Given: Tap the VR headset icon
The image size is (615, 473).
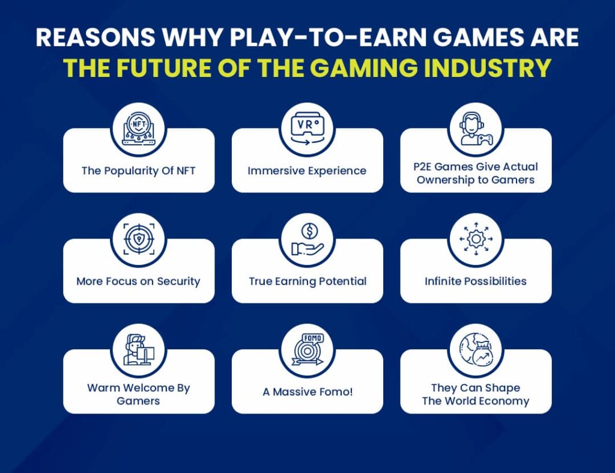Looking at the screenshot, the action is tap(307, 129).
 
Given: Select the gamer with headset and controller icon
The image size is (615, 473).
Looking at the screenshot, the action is tap(476, 129).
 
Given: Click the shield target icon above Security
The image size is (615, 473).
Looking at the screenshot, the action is tap(139, 239).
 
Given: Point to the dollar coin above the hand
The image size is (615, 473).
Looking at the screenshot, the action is tap(309, 231).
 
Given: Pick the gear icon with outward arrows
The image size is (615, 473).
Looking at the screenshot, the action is tap(476, 239).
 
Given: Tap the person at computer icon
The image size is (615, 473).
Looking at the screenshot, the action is tap(139, 350).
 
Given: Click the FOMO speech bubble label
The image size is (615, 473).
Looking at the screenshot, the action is tap(312, 338).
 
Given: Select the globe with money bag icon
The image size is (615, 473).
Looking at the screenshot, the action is tap(476, 349).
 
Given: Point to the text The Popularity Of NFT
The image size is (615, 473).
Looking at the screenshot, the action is tap(139, 171).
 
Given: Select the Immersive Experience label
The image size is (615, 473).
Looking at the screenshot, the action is tap(307, 171).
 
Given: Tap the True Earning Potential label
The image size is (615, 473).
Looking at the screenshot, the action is tap(307, 281).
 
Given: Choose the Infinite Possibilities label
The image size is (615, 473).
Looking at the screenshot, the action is tap(476, 281).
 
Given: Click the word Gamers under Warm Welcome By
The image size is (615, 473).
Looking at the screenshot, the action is tap(139, 401).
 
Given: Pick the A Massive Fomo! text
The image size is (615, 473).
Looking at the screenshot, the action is tap(307, 392).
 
